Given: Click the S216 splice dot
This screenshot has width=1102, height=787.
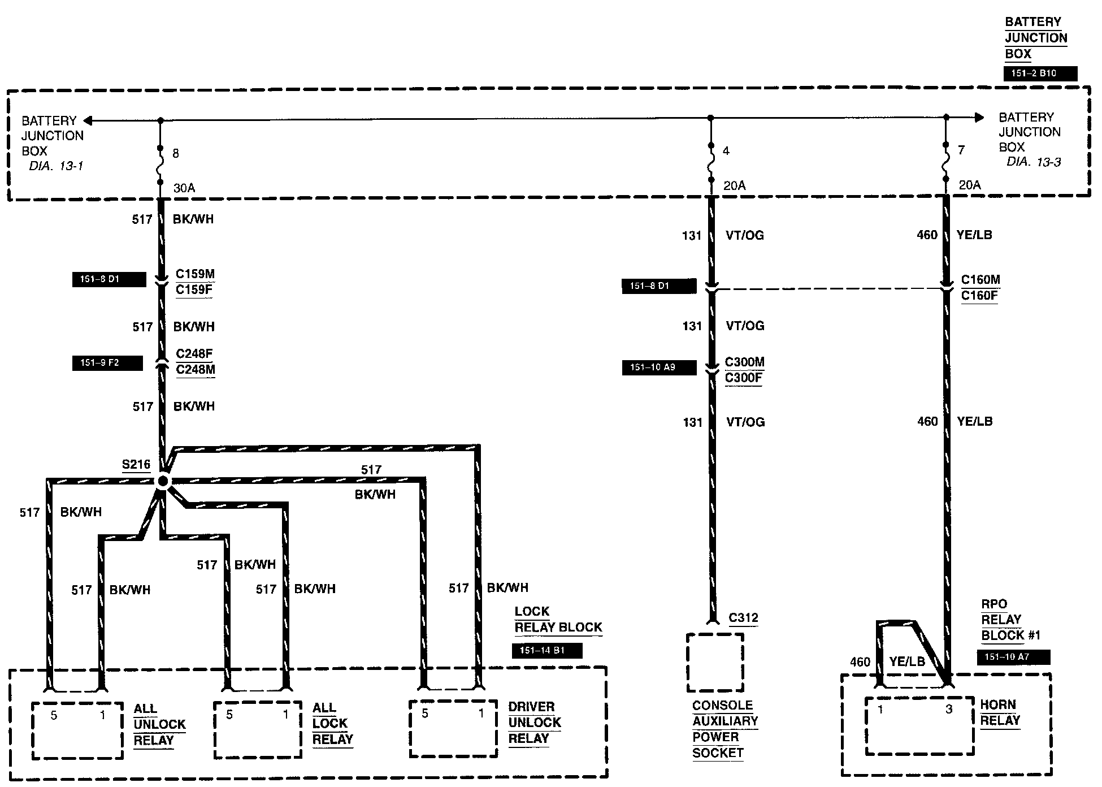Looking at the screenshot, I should pos(163,481).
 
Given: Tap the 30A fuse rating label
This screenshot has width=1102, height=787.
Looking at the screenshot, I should pos(184,188).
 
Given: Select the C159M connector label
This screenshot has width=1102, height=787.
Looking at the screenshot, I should pos(195,274).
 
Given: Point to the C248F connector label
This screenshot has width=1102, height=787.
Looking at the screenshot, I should pos(194,354).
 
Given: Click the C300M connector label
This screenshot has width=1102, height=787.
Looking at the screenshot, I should pos(744,362).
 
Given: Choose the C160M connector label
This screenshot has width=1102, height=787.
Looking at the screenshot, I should pos(980,280).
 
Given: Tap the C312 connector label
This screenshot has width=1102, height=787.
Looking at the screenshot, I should pos(743,618).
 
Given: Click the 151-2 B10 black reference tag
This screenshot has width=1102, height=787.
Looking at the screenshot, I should pos(1040,73).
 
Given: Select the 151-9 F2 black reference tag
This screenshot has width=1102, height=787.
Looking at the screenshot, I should pos(107,363).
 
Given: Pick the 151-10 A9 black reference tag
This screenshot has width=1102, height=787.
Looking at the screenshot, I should pos(659,367).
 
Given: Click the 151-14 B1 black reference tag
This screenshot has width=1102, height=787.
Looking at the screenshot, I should pos(546,651).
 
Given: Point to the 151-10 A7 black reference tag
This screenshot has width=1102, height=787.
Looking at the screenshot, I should pos(1013,657).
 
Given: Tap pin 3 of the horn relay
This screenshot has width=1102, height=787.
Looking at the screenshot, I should pos(949,709).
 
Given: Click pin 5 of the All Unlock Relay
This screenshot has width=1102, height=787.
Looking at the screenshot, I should pos(54,715).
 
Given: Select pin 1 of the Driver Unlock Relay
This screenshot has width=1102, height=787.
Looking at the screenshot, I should pos(481,714).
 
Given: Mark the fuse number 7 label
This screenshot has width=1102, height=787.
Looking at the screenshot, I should pos(961,150).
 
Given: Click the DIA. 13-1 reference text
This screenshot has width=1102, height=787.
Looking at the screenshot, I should pos(56,166).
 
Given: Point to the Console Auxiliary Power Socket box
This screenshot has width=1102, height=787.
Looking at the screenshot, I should pos(715,663).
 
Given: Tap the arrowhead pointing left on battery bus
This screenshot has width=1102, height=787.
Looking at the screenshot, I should pos(88,120).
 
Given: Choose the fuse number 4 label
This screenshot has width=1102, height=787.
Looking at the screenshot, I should pos(726,151).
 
